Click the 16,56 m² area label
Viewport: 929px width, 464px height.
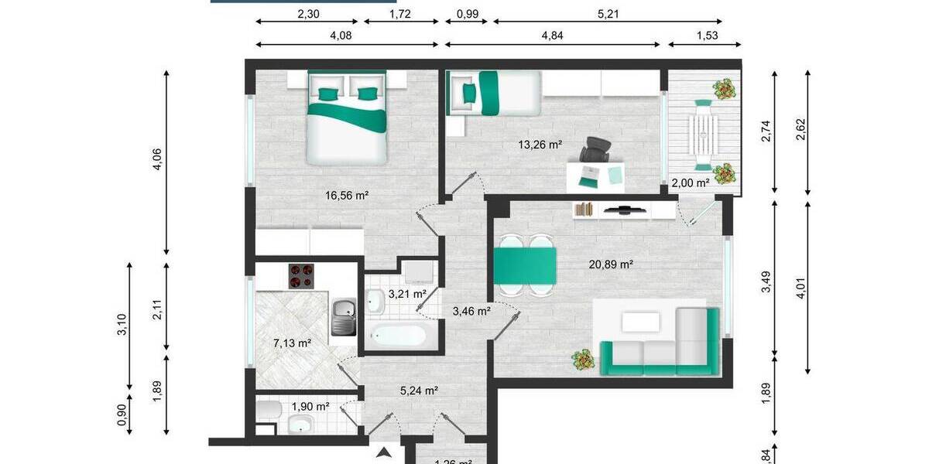(346, 196)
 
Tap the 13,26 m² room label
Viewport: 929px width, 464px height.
(539, 143)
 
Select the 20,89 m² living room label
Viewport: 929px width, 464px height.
(611, 264)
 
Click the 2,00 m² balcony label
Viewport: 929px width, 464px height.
(690, 183)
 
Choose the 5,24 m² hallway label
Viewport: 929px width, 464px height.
(419, 391)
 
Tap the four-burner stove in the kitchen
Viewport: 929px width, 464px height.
(302, 276)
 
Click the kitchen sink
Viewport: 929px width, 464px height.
(344, 317)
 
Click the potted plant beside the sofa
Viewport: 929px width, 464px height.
(582, 360)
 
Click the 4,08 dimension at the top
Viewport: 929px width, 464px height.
(345, 34)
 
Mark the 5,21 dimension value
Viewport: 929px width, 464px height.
(608, 13)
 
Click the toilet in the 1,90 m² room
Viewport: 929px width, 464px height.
(268, 410)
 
